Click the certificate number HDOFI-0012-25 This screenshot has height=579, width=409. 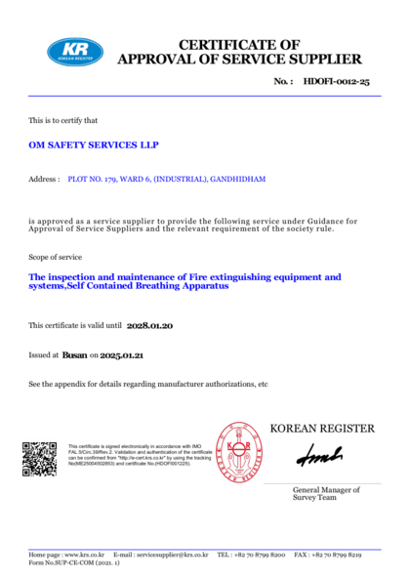[x=336, y=84]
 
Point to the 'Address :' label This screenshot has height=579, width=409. [x=45, y=181]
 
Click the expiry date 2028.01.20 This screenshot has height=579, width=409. [x=150, y=324]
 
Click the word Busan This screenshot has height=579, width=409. [x=74, y=356]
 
